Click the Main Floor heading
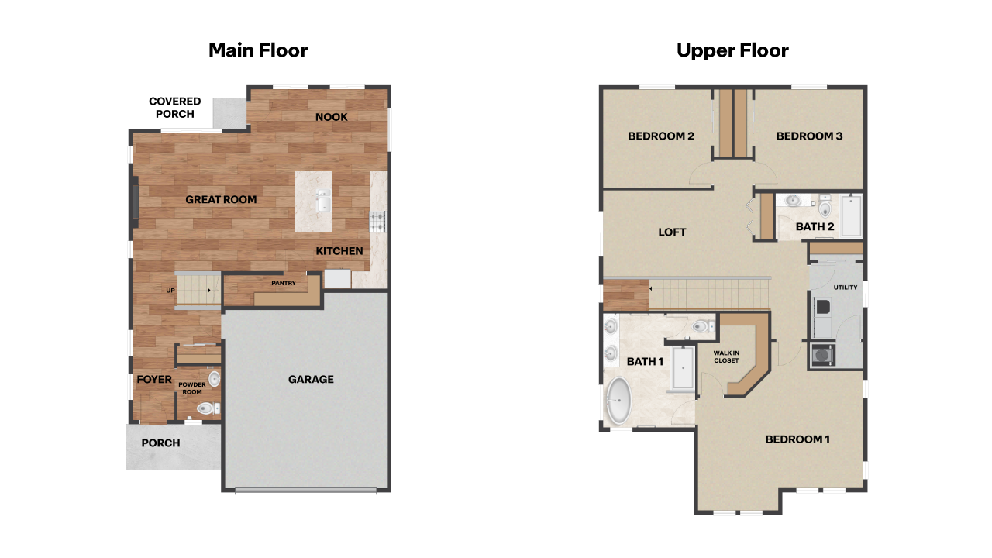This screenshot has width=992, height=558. (258, 51)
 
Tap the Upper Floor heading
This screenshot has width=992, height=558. (732, 51)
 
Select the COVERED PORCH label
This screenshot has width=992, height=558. (175, 108)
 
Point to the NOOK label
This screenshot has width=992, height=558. (331, 117)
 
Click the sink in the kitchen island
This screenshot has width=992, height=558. (323, 204)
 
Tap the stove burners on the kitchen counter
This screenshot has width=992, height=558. (377, 222)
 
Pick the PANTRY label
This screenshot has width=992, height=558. (284, 284)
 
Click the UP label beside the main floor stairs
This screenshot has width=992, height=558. (170, 291)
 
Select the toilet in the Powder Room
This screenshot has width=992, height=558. (205, 408)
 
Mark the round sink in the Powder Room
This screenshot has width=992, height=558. (214, 379)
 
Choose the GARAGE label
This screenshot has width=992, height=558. (311, 380)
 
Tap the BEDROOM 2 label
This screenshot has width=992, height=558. (660, 136)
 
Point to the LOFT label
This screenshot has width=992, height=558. (672, 232)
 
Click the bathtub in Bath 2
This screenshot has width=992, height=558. (851, 216)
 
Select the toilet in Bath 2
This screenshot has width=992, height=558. (824, 207)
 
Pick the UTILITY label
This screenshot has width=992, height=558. (846, 288)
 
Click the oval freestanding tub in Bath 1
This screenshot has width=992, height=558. (618, 401)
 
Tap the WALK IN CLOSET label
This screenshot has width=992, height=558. (726, 356)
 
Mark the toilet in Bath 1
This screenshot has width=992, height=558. (702, 327)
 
